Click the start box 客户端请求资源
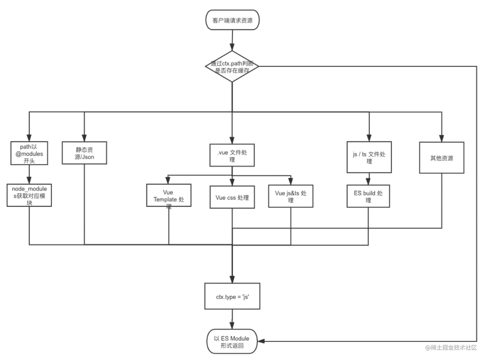pyautogui.click(x=232, y=20)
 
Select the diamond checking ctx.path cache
pyautogui.click(x=232, y=67)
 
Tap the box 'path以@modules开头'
pyautogui.click(x=29, y=153)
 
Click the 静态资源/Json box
pyautogui.click(x=84, y=153)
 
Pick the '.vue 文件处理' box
pyautogui.click(x=232, y=155)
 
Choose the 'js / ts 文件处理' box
pyautogui.click(x=369, y=157)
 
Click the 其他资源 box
pyautogui.click(x=442, y=158)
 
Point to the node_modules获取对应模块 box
pyautogui.click(x=29, y=195)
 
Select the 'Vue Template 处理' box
pyautogui.click(x=169, y=195)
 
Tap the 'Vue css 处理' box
pyautogui.click(x=232, y=197)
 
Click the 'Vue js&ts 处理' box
pyautogui.click(x=291, y=196)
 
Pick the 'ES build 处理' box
pyautogui.click(x=368, y=196)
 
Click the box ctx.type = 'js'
pyautogui.click(x=232, y=296)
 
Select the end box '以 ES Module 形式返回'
pyautogui.click(x=232, y=341)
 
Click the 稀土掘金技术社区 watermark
pyautogui.click(x=451, y=347)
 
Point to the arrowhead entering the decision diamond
pyautogui.click(x=232, y=47)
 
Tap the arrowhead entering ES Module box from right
pyautogui.click(x=261, y=341)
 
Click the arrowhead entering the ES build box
pyautogui.click(x=368, y=181)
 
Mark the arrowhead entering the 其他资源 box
pyautogui.click(x=442, y=138)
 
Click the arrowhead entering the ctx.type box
pyautogui.click(x=232, y=280)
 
